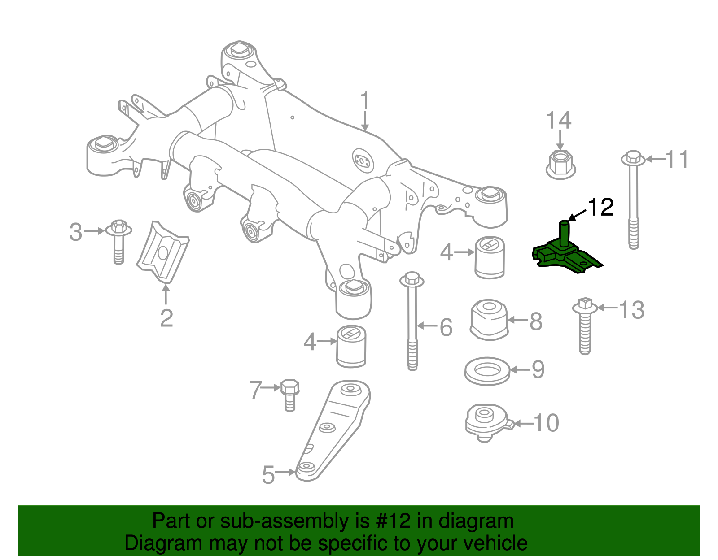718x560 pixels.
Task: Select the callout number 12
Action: click(600, 207)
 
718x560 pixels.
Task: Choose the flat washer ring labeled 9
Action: click(487, 371)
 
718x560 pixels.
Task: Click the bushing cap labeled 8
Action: click(489, 319)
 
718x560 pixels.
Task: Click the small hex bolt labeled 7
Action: click(290, 395)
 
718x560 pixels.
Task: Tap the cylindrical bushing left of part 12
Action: click(490, 257)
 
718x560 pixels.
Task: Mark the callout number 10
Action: click(546, 423)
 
